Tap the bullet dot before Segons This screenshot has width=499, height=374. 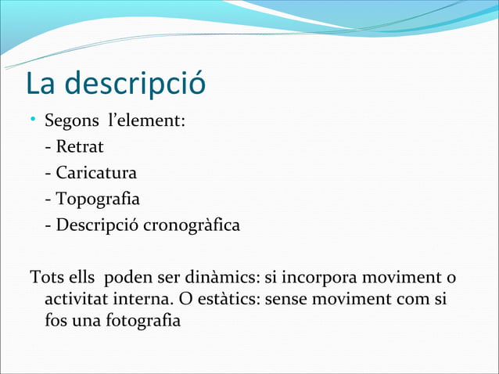(x=34, y=120)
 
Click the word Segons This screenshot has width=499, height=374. (x=69, y=123)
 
